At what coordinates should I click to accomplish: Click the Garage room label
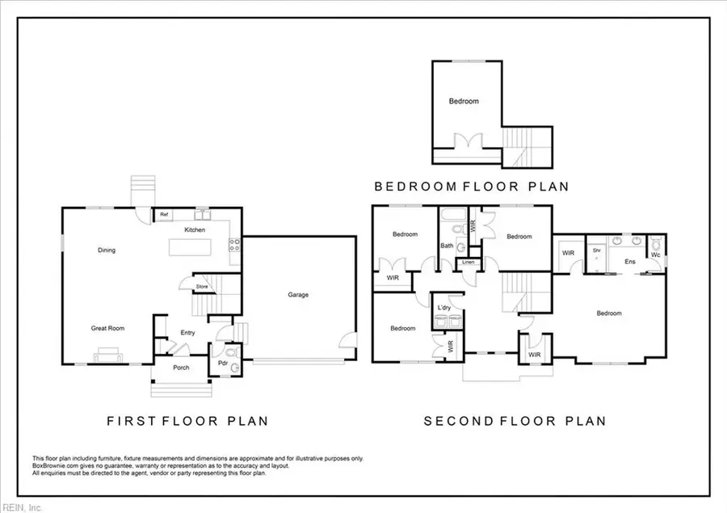[x=298, y=295]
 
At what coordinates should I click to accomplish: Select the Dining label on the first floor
[x=106, y=250]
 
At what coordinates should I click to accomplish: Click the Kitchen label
[x=195, y=230]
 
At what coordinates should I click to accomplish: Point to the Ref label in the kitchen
[x=163, y=215]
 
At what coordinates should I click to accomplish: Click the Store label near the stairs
[x=202, y=286]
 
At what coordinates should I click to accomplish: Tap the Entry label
[x=187, y=333]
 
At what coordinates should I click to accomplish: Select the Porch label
[x=181, y=368]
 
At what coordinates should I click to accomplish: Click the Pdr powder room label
[x=222, y=364]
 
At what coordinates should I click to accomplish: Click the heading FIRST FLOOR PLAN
[x=187, y=421]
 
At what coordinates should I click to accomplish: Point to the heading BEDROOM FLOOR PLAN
[x=472, y=187]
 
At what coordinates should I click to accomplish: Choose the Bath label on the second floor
[x=447, y=246]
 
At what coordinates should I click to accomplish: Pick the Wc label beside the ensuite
[x=655, y=255]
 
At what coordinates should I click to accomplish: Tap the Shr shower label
[x=597, y=250]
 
